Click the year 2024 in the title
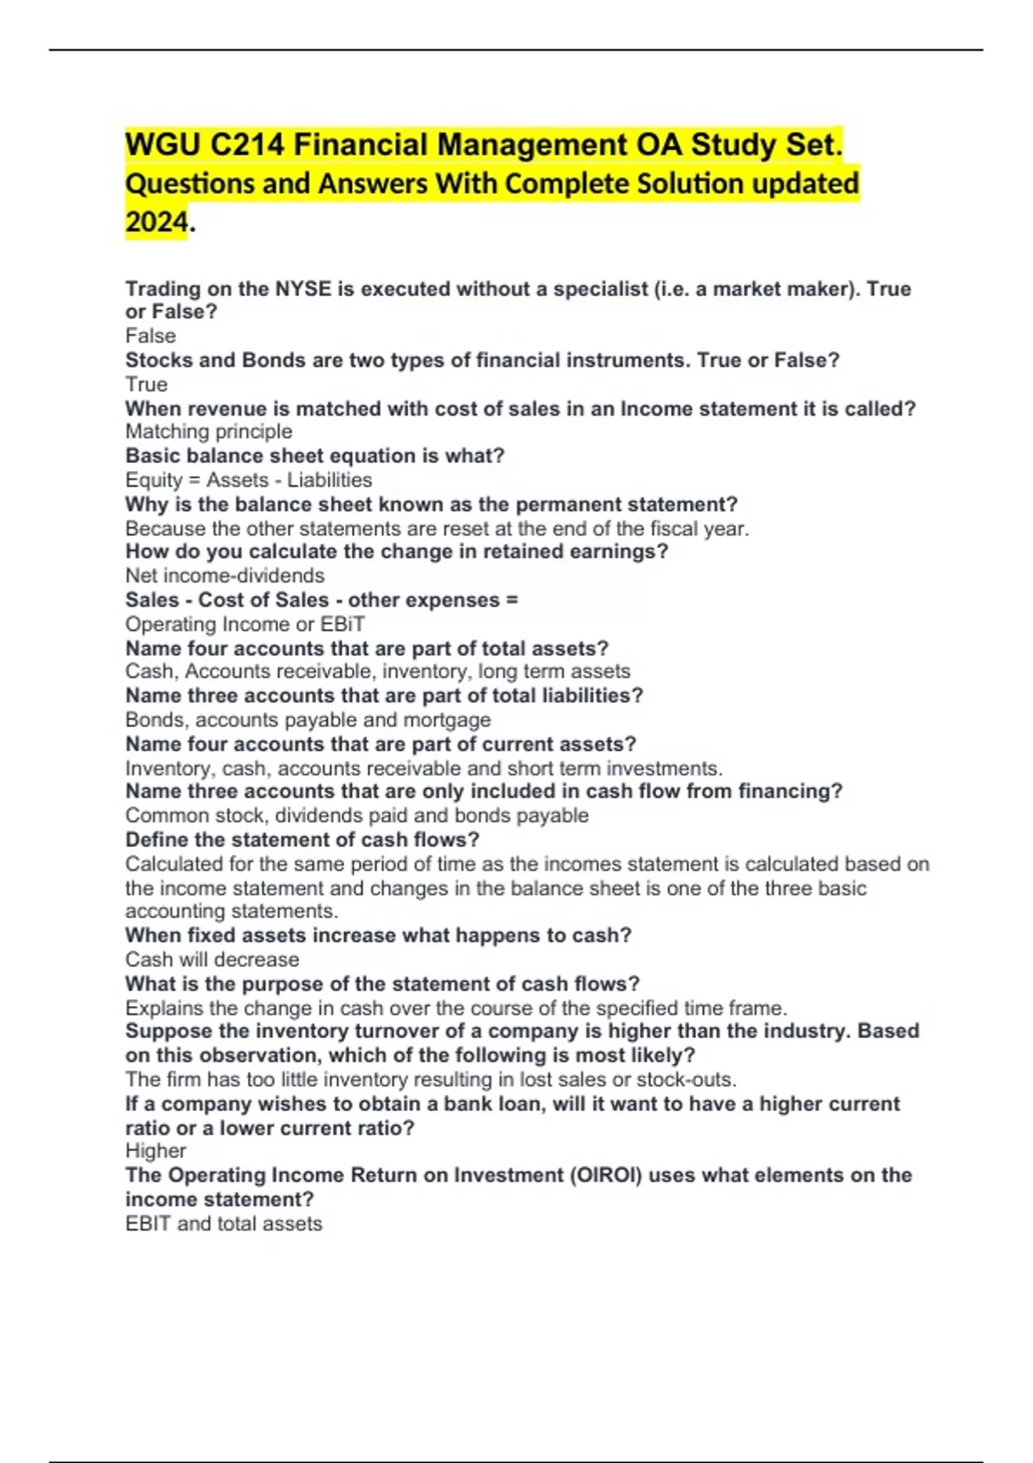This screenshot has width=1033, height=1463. coord(156,222)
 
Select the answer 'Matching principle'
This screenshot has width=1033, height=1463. coord(208,432)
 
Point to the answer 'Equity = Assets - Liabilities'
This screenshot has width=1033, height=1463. coord(249,480)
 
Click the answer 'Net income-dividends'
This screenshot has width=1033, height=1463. coord(225,576)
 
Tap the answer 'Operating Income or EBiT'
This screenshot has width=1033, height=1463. coord(245,624)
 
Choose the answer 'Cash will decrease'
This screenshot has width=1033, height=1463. coord(212,960)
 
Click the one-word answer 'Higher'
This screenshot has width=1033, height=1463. coord(156,1151)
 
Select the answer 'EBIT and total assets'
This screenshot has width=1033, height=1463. coord(224,1224)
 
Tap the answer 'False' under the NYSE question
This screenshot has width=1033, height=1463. coord(151,336)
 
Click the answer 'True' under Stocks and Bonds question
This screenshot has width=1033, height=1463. coord(146,385)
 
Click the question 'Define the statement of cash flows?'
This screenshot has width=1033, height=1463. coord(302,840)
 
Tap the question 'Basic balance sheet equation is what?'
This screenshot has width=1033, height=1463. coord(315,456)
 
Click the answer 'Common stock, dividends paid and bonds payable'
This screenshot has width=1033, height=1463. coord(357,816)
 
